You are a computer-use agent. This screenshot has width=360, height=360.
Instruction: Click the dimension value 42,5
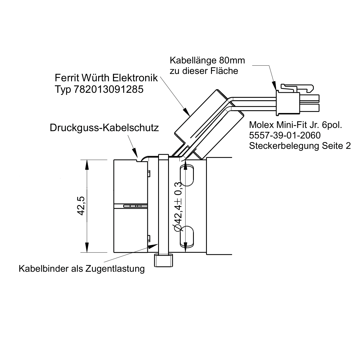[x=81, y=206]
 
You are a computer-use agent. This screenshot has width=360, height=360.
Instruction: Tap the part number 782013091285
[x=109, y=89]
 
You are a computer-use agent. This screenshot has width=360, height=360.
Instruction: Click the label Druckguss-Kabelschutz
[x=104, y=128]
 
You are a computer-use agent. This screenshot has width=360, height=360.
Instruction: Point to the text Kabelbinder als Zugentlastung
[x=82, y=268]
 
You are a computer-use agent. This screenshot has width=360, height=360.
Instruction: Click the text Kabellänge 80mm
[x=207, y=60]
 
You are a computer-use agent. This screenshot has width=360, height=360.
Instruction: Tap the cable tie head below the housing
[x=163, y=260]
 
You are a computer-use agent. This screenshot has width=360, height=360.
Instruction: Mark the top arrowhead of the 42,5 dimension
[x=87, y=165]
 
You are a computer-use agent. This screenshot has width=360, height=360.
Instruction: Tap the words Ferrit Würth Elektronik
[x=106, y=78]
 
